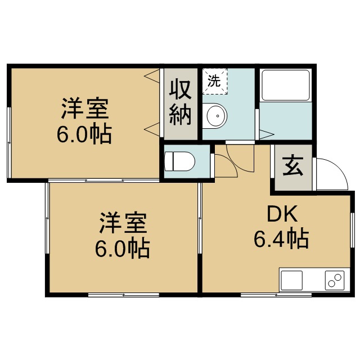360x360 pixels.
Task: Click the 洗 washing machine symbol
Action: coord(214,80)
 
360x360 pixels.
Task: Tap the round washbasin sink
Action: coord(216,116)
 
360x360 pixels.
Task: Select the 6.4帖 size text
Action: coord(281,240)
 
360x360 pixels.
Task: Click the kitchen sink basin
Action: coord(292,280)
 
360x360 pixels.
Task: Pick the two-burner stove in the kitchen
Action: coord(335,280)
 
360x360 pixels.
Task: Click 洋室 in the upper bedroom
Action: coord(85,109)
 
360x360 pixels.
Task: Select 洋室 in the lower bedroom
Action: coord(123,223)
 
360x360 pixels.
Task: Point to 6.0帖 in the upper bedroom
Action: coord(84,134)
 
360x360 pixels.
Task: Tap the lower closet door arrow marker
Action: coord(152,129)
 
